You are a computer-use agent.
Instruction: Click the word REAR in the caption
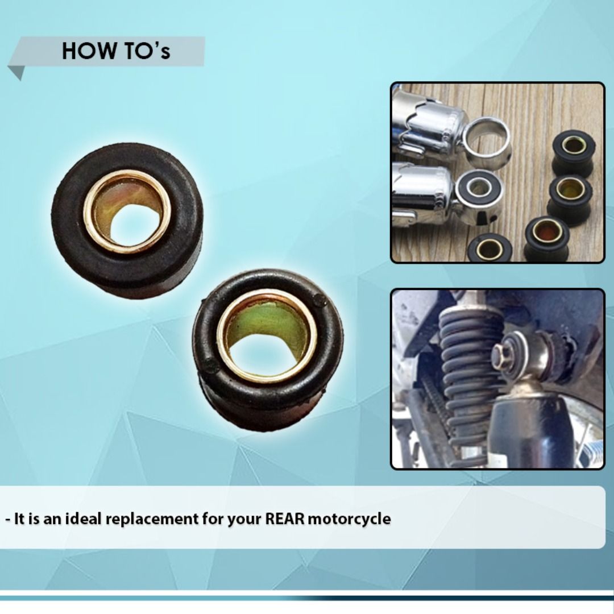(285, 519)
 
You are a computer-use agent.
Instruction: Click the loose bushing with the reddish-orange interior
(547, 238)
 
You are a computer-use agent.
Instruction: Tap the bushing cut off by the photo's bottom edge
(489, 248)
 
